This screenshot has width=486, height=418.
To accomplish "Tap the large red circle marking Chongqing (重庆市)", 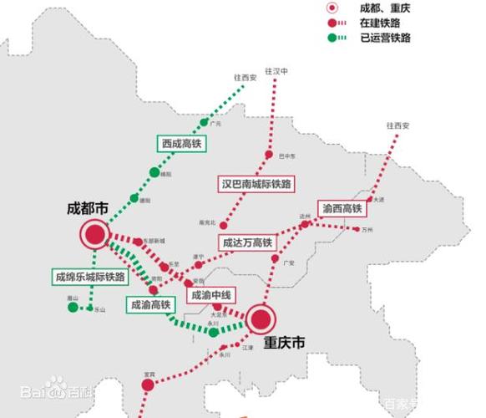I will coord(261,318).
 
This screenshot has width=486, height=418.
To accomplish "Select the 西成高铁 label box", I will coord(182,144).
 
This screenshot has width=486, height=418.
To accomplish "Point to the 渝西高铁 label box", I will coord(341,207).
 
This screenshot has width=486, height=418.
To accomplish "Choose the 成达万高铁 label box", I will coord(246,242).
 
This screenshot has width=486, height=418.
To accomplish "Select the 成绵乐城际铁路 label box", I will coord(89,277).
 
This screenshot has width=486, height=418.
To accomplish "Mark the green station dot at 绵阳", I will coord(154,173).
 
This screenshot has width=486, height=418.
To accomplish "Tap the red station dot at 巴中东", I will coord(269,155).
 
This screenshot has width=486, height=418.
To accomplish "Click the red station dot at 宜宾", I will coord(148,385).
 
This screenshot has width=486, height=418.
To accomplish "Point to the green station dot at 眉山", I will coord(73,308).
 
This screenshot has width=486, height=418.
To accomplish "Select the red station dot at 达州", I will coord(306,223).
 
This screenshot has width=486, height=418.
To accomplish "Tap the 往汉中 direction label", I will coord(276,72).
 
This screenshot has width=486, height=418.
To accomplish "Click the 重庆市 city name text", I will coord(284,344).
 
